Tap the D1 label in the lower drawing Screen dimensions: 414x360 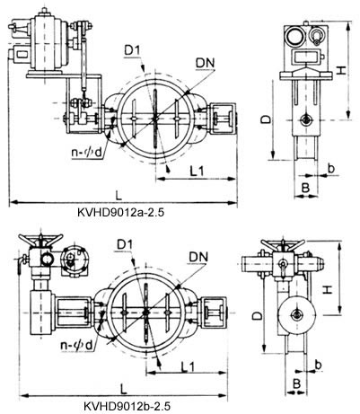coord(126,243)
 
